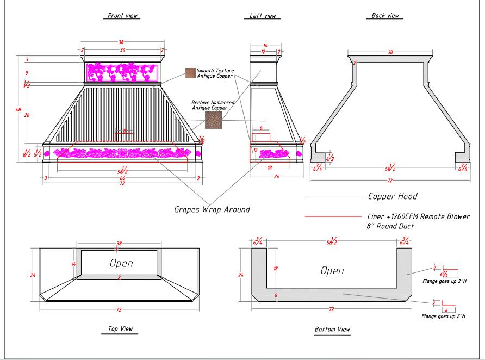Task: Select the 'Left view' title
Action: click(262, 16)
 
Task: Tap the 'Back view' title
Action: click(385, 16)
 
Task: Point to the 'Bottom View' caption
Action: click(332, 329)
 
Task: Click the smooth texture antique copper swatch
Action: click(190, 73)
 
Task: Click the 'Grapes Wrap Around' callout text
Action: click(212, 209)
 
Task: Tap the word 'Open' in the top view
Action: click(121, 263)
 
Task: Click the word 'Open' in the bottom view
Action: click(332, 270)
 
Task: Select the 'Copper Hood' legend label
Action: click(393, 196)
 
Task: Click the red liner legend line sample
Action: click(333, 216)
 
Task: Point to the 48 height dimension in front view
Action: click(18, 110)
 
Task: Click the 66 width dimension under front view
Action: click(122, 178)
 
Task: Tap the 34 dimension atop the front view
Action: click(122, 50)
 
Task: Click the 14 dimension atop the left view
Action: click(265, 46)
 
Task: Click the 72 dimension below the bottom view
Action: click(331, 309)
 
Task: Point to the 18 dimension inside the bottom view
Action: click(276, 269)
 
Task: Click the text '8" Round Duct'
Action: click(390, 226)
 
